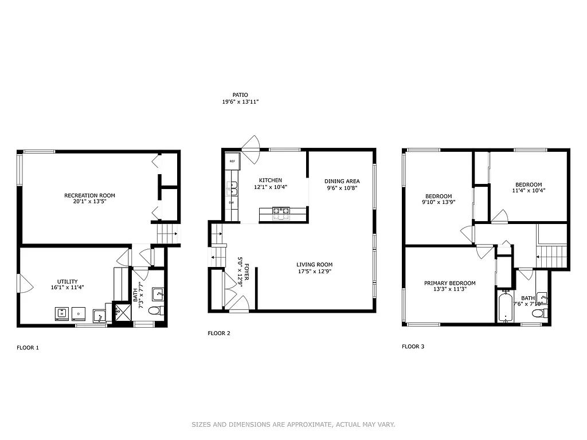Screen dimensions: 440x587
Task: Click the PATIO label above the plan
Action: (x=240, y=95)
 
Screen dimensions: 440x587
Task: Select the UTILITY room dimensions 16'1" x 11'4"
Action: (x=68, y=288)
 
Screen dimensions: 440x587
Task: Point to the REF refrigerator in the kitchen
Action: (x=232, y=162)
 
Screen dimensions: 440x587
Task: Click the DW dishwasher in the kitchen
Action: (x=232, y=203)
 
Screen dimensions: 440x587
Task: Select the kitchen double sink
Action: (x=232, y=187)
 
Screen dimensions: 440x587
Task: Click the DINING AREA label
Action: (x=342, y=181)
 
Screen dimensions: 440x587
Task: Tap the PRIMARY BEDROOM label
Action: (x=449, y=283)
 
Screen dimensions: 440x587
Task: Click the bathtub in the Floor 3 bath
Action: (x=505, y=307)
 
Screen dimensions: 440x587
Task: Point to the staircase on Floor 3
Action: (x=554, y=254)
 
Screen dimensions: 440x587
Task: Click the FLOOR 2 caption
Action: (x=219, y=333)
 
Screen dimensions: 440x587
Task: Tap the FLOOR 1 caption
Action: (x=28, y=347)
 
